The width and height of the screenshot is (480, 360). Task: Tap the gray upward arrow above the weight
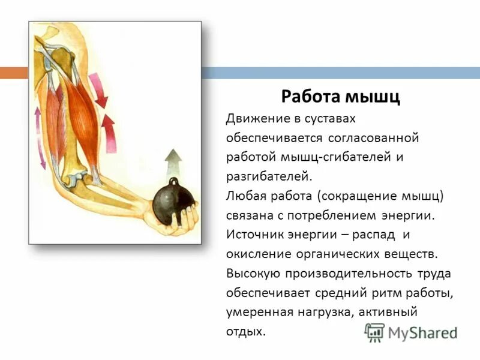[173, 162]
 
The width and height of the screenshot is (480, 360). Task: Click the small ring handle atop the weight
[173, 181]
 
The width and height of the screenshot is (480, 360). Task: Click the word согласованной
[373, 138]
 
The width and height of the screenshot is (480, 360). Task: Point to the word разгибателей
[269, 176]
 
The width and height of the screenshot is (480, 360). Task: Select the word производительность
[344, 274]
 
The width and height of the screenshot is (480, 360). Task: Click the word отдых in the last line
[244, 331]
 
